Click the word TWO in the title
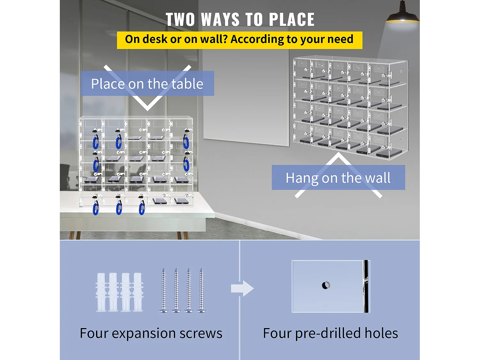pos(180,20)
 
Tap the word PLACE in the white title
pos(292,20)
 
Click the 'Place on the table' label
pos(147,84)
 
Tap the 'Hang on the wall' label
pos(338,178)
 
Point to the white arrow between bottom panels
pos(242,289)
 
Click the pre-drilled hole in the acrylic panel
pos(326,285)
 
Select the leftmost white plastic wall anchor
pos(101,292)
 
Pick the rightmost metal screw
pos(201,290)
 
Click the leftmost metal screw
pos(164,290)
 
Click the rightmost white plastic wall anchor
pos(138,292)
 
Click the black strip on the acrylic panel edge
pos(366,286)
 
